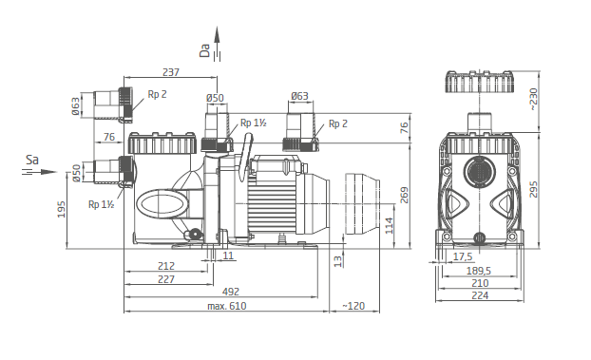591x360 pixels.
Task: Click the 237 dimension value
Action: pyautogui.click(x=171, y=71)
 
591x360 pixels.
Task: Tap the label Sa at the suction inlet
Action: pyautogui.click(x=32, y=160)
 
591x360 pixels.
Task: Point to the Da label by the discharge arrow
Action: pyautogui.click(x=204, y=50)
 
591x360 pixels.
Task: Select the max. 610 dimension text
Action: pyautogui.click(x=227, y=306)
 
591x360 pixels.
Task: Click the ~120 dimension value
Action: pyautogui.click(x=353, y=306)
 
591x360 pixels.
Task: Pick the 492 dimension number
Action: pyautogui.click(x=230, y=292)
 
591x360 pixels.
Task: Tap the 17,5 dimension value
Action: pyautogui.click(x=463, y=257)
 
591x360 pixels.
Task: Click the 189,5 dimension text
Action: pyautogui.click(x=479, y=271)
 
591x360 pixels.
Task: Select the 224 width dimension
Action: pyautogui.click(x=480, y=295)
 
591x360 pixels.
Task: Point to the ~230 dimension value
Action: pyautogui.click(x=533, y=99)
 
